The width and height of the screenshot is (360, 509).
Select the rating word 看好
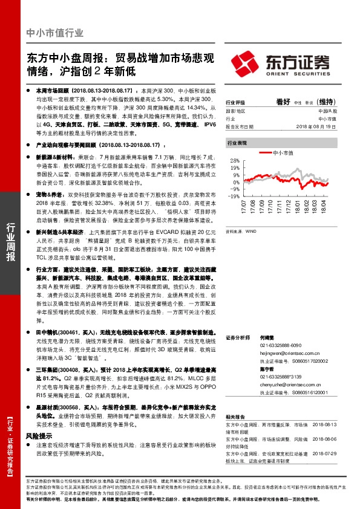pos(283,102)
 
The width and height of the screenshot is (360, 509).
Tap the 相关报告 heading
pos(234,418)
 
